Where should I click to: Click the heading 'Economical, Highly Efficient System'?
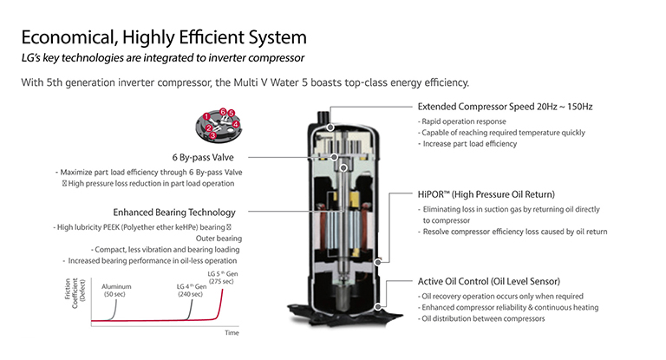pyautogui.click(x=162, y=38)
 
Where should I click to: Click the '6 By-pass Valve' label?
pyautogui.click(x=205, y=157)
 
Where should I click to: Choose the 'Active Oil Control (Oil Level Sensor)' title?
pyautogui.click(x=488, y=281)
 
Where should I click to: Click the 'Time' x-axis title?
pyautogui.click(x=232, y=332)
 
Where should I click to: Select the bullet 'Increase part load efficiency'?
pyautogui.click(x=469, y=143)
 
